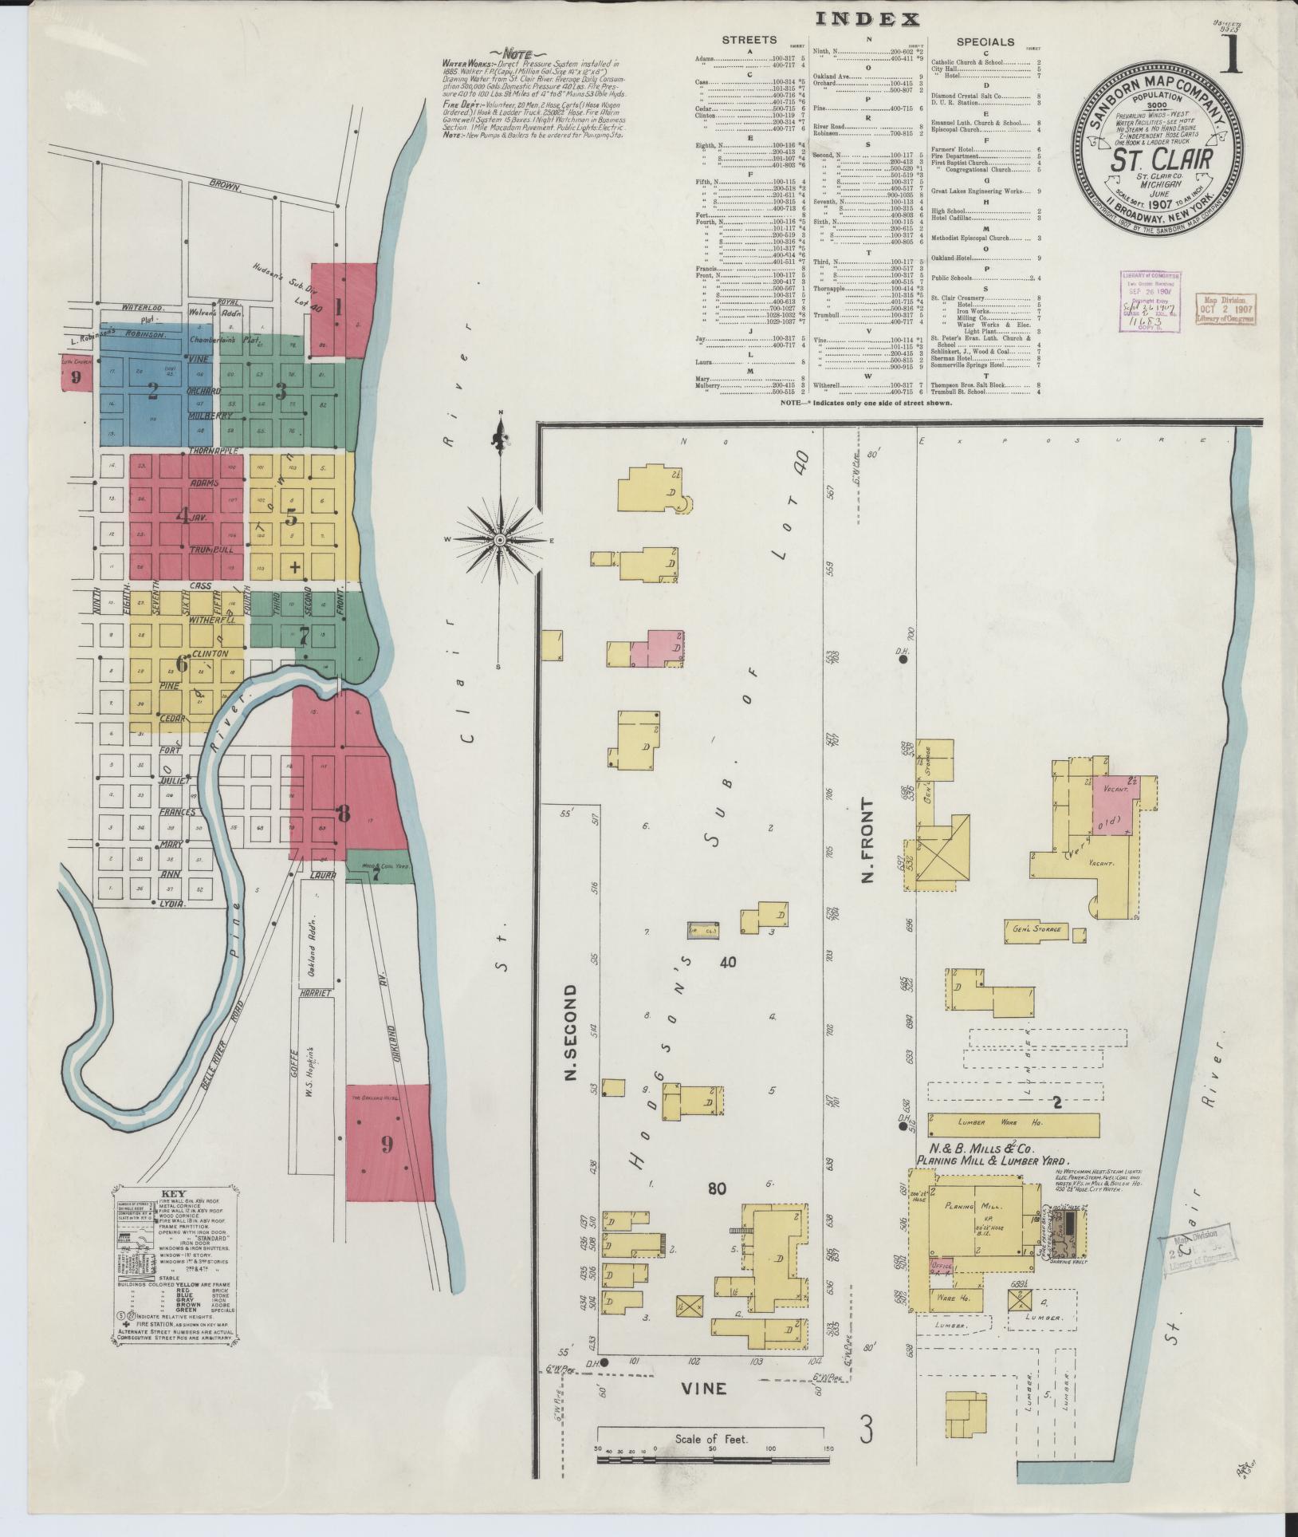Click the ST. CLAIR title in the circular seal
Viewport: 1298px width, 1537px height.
click(1158, 157)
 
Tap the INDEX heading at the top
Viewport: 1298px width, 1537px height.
click(867, 18)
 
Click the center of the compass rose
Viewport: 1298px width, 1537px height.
click(500, 540)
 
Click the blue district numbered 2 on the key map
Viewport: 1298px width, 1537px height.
click(152, 391)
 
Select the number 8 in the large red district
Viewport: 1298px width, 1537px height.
click(344, 814)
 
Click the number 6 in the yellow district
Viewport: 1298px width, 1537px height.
click(182, 662)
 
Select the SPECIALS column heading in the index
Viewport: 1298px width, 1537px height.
click(985, 41)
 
